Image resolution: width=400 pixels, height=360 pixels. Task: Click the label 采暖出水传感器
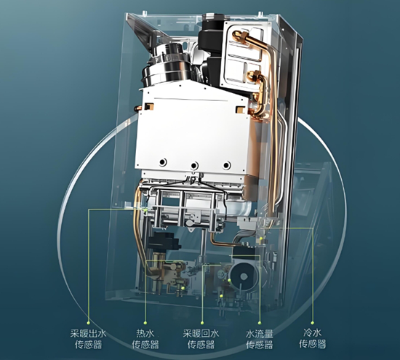88,339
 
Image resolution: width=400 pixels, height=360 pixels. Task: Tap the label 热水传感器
145,339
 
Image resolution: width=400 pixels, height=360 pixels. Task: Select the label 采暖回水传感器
201,339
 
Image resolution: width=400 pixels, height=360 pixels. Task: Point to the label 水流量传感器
260,339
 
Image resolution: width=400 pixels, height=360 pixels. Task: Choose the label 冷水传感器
313,338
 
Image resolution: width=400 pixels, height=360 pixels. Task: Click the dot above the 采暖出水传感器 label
88,323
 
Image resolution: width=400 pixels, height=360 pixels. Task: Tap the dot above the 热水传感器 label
145,323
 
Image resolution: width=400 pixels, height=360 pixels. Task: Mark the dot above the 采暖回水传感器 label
202,323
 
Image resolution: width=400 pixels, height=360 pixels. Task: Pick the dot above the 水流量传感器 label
260,323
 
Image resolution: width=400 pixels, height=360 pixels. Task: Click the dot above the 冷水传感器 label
313,323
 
